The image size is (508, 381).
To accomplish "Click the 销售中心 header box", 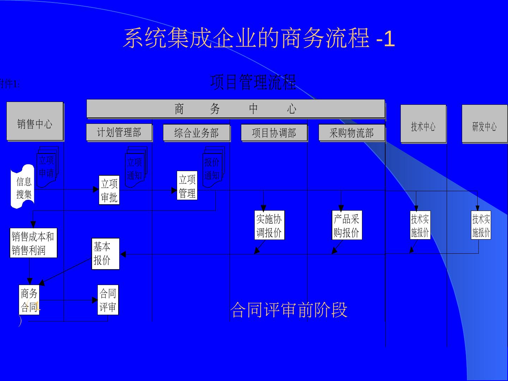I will click(35, 122).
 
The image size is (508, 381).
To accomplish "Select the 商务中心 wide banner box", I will click(235, 109).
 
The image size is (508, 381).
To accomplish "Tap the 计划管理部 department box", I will click(119, 133).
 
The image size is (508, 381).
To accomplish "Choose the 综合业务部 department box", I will click(196, 133).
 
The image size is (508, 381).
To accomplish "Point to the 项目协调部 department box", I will click(274, 133).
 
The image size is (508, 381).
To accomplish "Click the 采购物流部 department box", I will click(351, 133).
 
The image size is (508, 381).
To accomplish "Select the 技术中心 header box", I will click(423, 124).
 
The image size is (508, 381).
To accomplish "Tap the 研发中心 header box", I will click(484, 124).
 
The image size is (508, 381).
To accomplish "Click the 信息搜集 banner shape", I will click(23, 187).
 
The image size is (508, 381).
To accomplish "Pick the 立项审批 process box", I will click(109, 190).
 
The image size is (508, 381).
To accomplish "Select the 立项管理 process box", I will click(187, 186).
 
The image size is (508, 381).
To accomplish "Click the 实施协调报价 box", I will click(269, 225).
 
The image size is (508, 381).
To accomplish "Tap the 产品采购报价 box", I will click(347, 225).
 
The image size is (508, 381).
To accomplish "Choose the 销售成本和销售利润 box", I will click(33, 243).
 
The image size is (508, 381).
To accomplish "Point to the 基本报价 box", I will click(105, 254).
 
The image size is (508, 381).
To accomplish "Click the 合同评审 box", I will click(108, 300).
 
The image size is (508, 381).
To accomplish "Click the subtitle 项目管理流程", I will click(253, 82).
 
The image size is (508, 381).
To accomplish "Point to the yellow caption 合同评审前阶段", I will click(289, 310).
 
